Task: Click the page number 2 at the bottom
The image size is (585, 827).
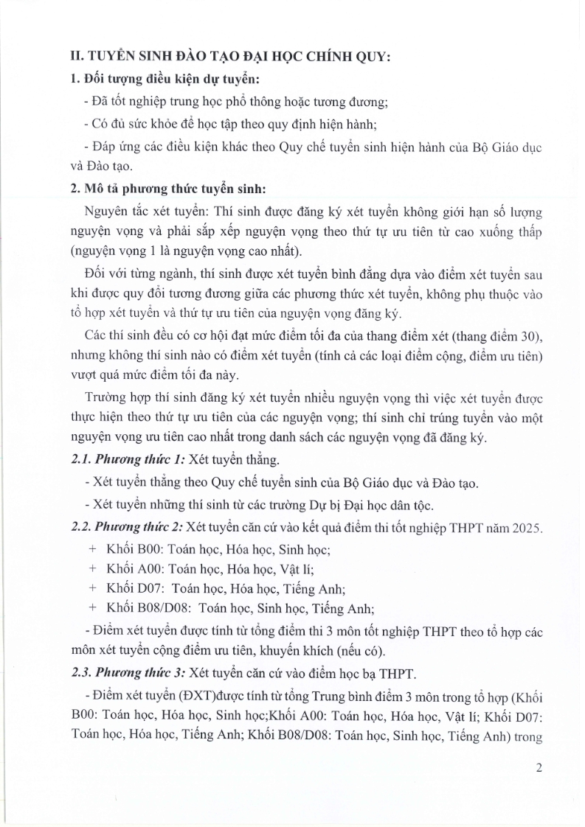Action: (x=539, y=768)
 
